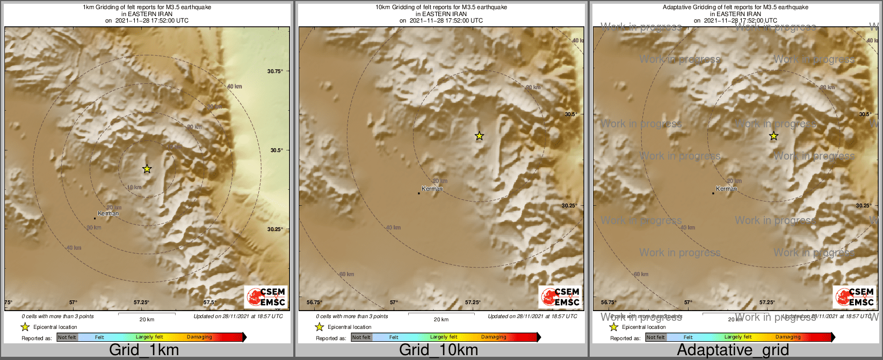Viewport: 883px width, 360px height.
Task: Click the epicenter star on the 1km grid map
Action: [x=147, y=169]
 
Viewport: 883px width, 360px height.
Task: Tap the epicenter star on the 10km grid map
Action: [x=479, y=136]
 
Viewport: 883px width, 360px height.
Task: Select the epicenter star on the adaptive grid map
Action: [x=773, y=136]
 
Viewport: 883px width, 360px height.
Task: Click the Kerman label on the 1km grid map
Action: [x=108, y=213]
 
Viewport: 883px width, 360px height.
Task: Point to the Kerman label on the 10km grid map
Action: [x=432, y=189]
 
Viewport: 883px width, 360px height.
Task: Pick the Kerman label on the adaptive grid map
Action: [x=727, y=189]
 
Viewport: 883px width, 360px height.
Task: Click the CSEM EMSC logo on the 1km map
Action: [x=266, y=297]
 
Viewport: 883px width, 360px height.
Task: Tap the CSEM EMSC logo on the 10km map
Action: [x=560, y=297]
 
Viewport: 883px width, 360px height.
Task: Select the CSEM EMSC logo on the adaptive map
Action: [x=855, y=297]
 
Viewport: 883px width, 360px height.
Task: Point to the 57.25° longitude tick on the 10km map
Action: [x=473, y=303]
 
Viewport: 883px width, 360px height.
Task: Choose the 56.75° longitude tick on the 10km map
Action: [x=314, y=303]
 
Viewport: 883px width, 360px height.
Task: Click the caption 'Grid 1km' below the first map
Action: [x=144, y=350]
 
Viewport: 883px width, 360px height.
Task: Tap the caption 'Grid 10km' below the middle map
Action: [x=438, y=350]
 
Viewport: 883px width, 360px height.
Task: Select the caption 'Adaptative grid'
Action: [x=733, y=350]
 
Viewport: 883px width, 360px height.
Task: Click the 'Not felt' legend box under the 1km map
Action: [x=67, y=337]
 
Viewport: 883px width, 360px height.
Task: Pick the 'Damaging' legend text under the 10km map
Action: [x=494, y=337]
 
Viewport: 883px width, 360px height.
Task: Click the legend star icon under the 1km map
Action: [x=25, y=327]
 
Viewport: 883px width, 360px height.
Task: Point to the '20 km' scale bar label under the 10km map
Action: [x=441, y=320]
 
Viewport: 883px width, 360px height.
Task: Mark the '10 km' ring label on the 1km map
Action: [x=134, y=188]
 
